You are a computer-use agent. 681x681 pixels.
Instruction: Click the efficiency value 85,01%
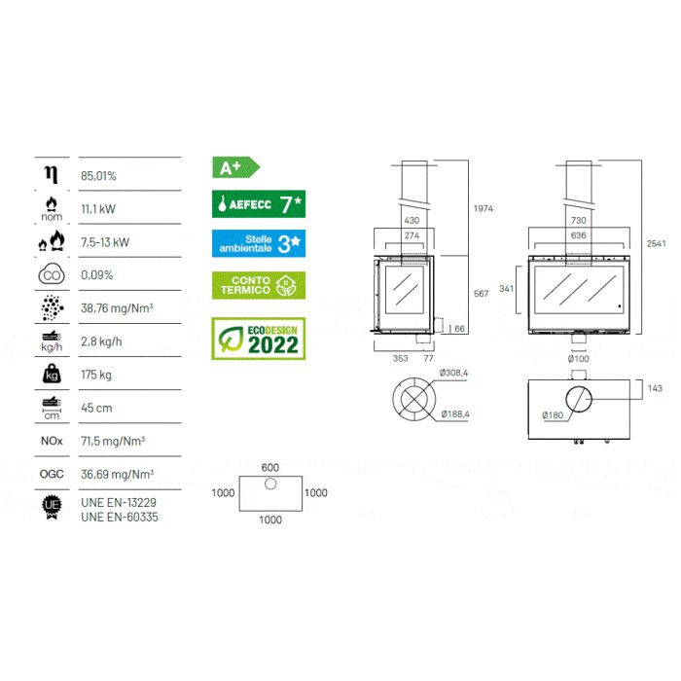tap(98, 176)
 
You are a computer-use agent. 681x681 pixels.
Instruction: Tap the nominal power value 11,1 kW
tap(98, 209)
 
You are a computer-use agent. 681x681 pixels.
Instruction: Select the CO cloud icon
tap(52, 274)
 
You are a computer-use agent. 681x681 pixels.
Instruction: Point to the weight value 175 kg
tap(96, 375)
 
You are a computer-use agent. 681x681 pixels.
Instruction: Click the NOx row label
tap(52, 441)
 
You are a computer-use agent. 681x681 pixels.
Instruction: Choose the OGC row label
tap(52, 474)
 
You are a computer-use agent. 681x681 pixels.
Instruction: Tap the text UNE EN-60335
tap(120, 517)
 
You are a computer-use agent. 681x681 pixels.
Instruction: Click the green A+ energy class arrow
tap(235, 167)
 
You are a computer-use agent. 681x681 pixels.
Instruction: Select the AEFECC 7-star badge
tap(259, 203)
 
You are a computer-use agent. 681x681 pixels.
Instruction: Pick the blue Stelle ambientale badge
tap(259, 243)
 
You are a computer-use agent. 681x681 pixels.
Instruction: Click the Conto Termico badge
tap(259, 285)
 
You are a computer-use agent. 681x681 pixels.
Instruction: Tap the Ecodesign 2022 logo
tap(259, 339)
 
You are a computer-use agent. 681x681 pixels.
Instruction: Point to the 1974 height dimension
tap(484, 208)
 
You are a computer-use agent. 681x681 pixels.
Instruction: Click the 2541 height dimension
tap(657, 243)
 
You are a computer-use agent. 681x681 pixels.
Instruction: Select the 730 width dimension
tap(579, 220)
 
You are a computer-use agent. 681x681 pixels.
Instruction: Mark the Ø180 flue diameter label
tap(553, 415)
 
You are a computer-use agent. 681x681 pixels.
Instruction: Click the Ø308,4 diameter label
tap(453, 373)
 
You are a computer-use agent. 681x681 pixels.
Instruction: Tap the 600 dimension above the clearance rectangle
tap(270, 467)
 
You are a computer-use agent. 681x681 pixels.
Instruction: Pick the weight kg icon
tap(52, 374)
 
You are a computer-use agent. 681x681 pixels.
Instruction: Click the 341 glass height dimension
tap(507, 288)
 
